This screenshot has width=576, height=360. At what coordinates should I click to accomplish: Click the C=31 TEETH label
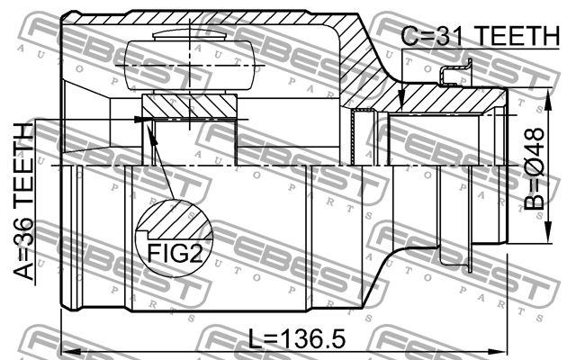[x=479, y=36]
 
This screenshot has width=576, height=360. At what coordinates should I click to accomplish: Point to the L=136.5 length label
[x=296, y=340]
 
